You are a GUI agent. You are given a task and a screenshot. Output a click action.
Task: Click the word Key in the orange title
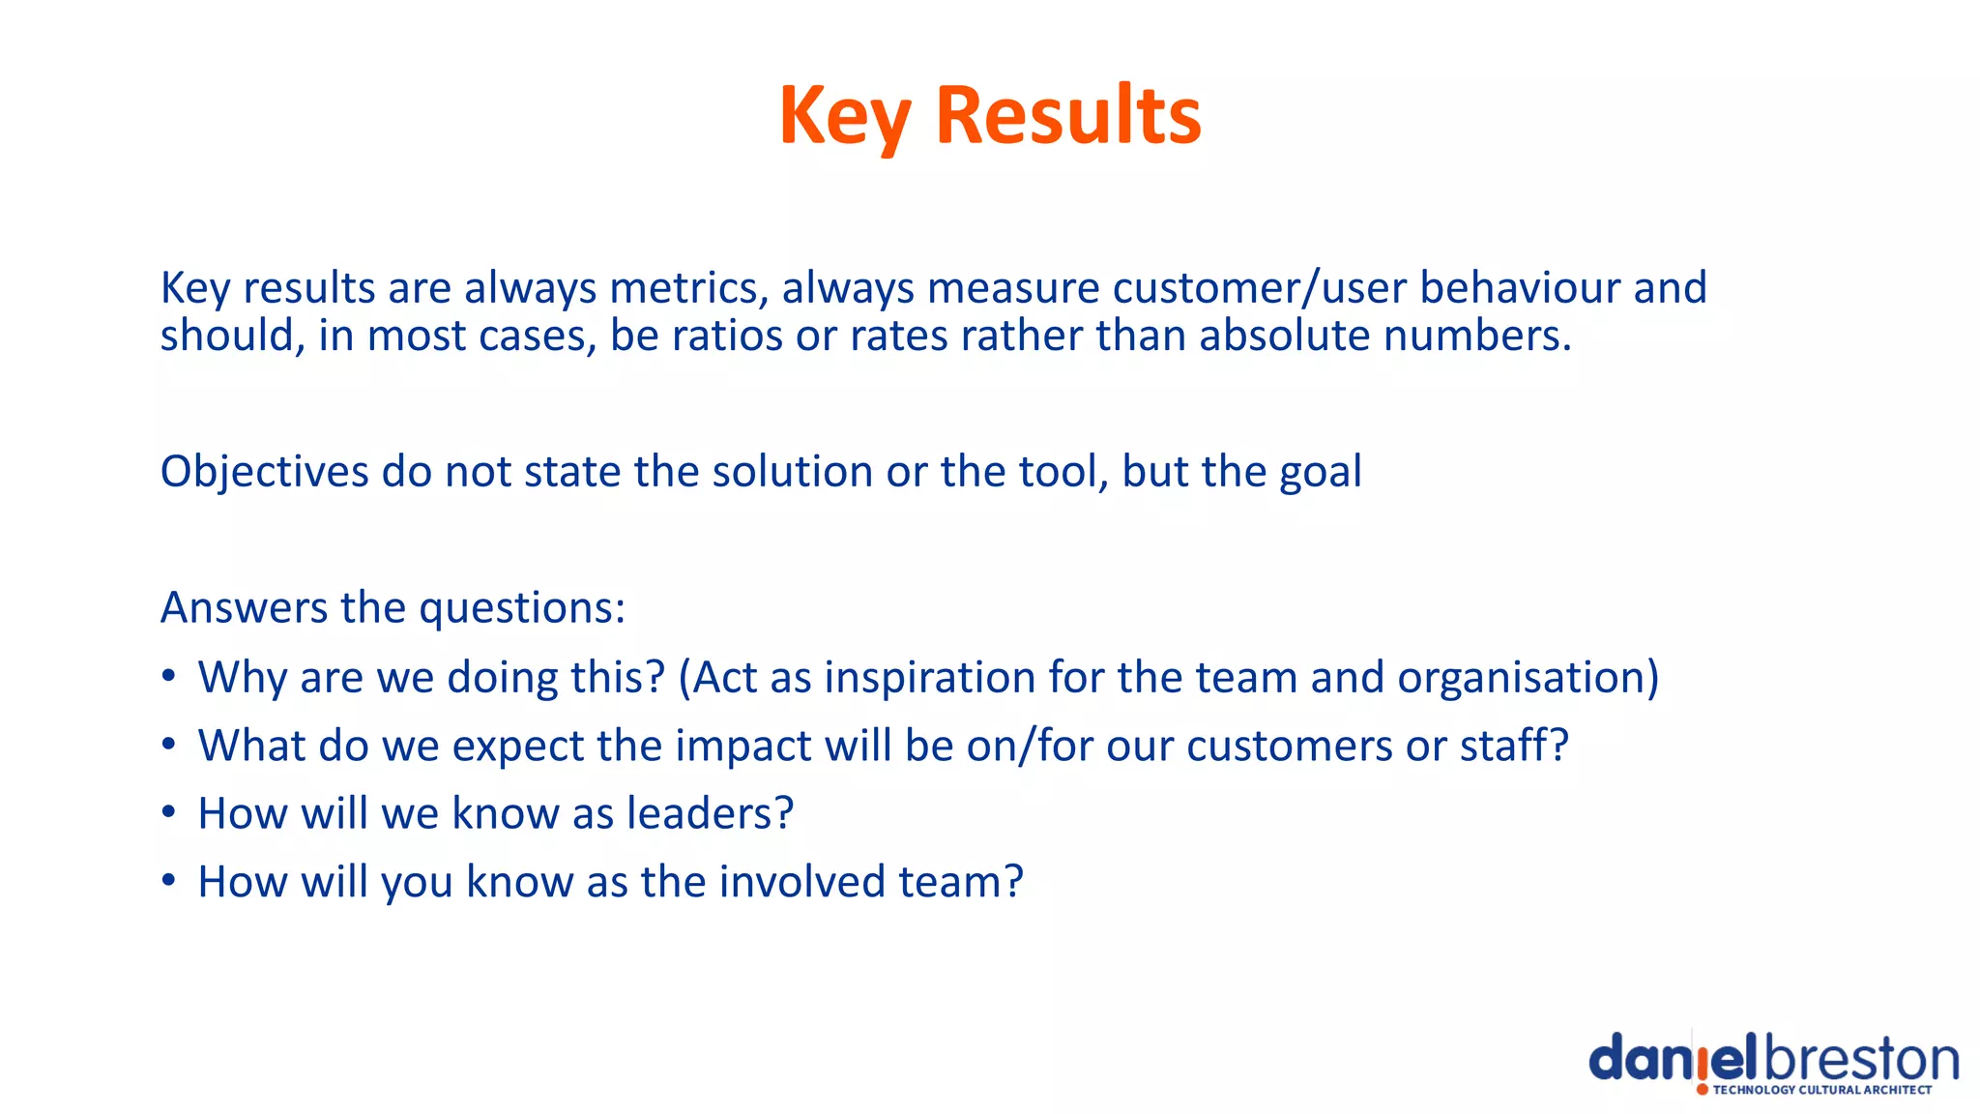coord(845,116)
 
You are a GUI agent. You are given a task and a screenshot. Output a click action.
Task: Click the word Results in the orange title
coord(1068,116)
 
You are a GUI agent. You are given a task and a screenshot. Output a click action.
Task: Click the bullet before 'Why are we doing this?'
coord(169,676)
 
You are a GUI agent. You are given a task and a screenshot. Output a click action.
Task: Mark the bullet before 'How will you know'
coord(169,881)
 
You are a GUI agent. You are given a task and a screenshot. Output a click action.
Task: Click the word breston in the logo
coord(1861,1060)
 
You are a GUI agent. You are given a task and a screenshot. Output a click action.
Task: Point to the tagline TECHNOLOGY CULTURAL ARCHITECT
coord(1821,1090)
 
